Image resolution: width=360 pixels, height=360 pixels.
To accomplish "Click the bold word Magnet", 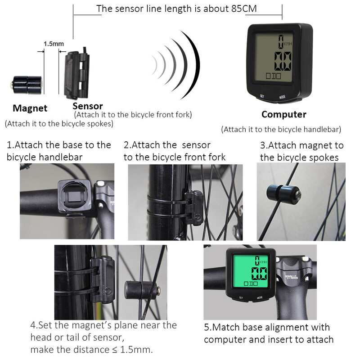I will pos(30,108).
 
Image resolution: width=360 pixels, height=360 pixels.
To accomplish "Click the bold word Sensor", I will pos(88,106).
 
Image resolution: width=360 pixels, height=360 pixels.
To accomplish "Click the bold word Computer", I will pos(283,114).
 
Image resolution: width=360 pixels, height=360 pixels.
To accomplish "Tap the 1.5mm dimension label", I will pos(54,44).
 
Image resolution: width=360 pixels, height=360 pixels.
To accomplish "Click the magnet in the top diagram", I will pos(27,84).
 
